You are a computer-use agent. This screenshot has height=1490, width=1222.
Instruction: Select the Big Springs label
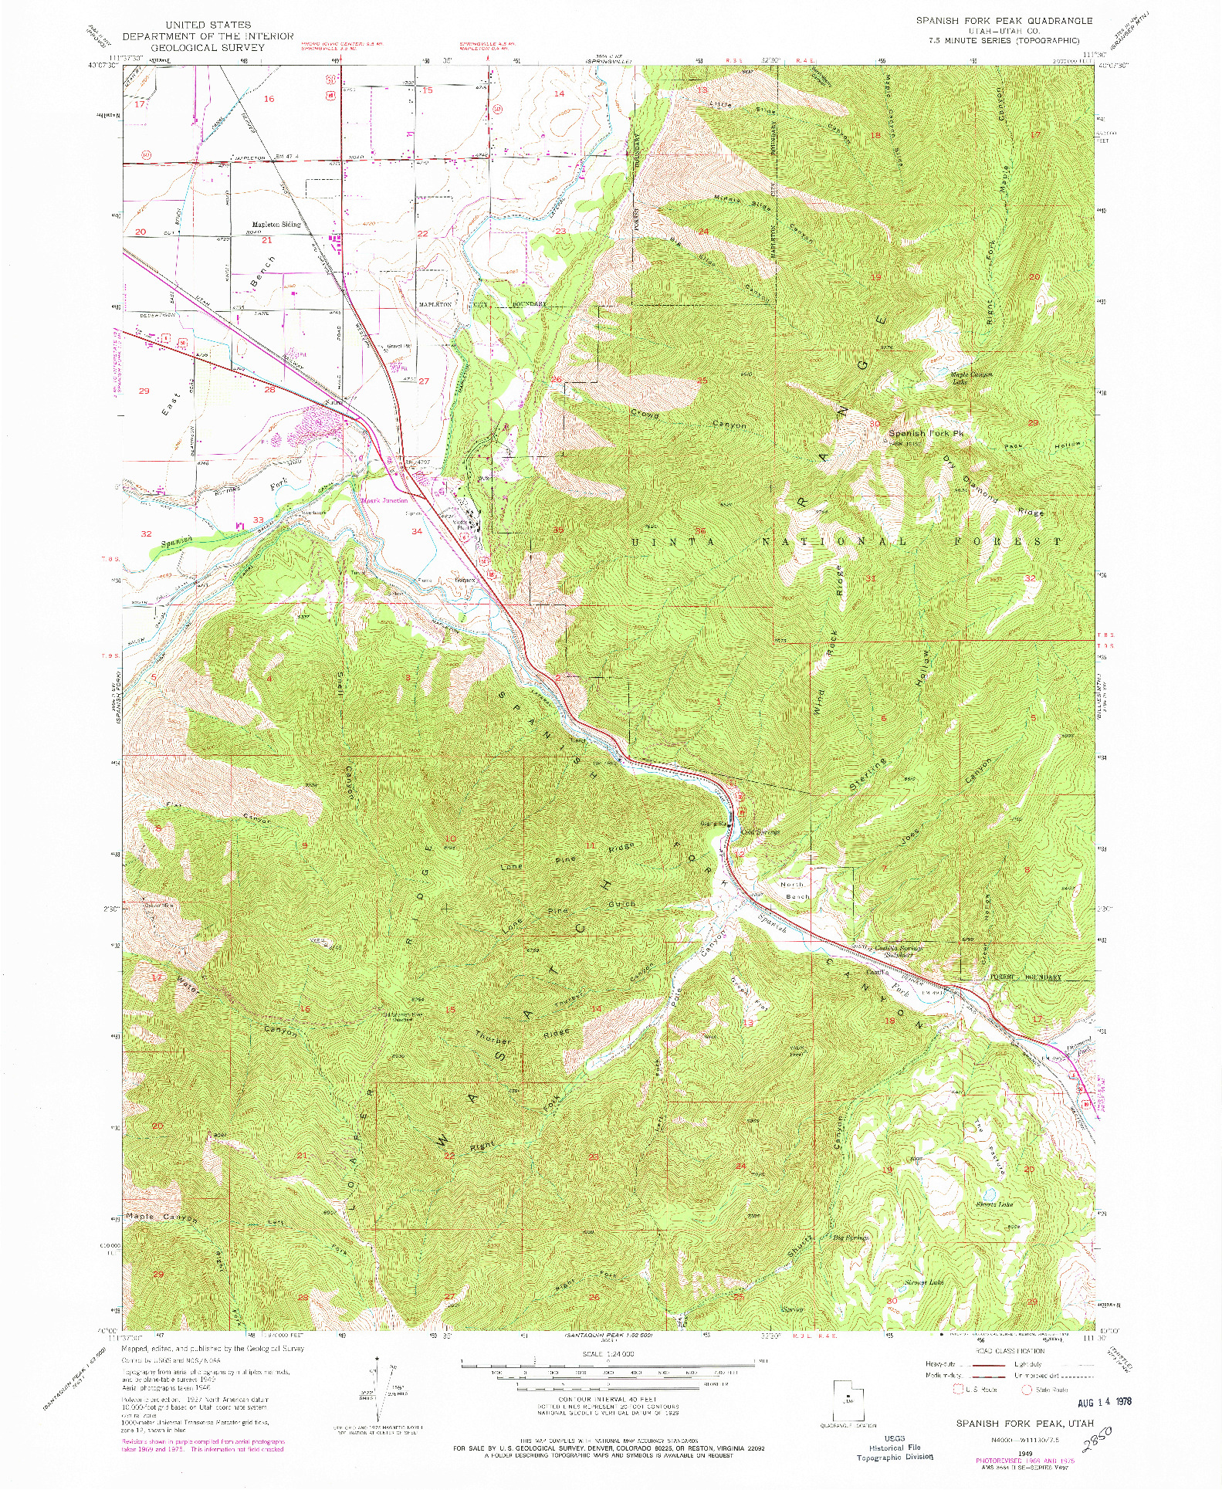[x=851, y=1237]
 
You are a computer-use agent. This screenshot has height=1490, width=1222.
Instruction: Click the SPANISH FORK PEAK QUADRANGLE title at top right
[x=1004, y=21]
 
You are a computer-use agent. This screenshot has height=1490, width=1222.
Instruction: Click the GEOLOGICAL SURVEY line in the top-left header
[x=208, y=47]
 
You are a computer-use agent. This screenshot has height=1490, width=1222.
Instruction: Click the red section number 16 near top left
[x=269, y=99]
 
